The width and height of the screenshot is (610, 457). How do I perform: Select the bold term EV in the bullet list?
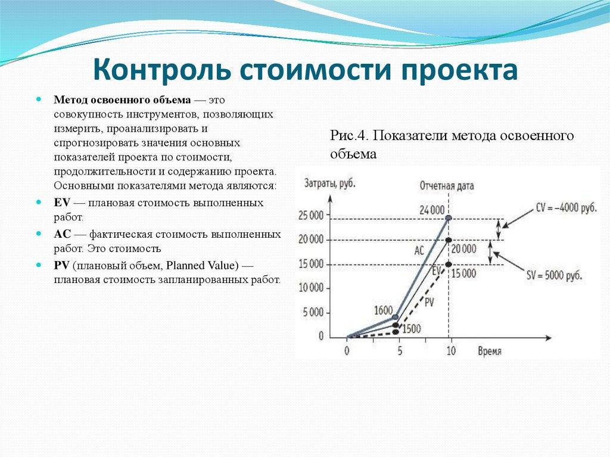click(62, 203)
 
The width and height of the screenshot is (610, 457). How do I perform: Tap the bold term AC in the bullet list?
click(62, 234)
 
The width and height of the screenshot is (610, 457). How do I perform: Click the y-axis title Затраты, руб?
click(329, 184)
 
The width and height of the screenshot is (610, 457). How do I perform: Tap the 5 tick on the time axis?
click(399, 351)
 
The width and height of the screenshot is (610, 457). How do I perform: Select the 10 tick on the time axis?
click(450, 351)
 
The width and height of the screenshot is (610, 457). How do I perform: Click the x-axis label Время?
click(489, 351)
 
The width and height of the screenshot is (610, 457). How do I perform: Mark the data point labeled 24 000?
click(449, 218)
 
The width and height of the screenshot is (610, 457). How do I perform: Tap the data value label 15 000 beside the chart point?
click(463, 273)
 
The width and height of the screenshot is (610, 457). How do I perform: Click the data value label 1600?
click(383, 310)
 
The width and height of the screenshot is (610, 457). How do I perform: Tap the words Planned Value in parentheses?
click(201, 265)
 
